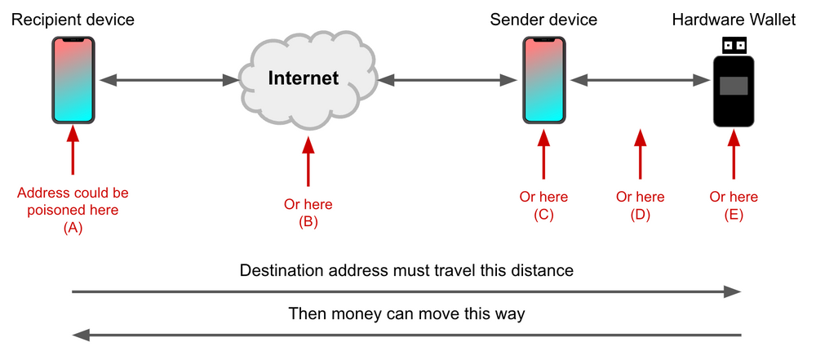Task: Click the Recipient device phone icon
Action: point(73,80)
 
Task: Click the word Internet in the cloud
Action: point(304,78)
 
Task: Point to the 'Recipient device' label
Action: point(73,20)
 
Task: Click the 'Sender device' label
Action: point(544,20)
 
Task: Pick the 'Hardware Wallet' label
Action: point(734,20)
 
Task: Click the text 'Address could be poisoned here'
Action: point(73,202)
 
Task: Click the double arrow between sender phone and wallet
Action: point(641,80)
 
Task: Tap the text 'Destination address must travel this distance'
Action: point(406,270)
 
